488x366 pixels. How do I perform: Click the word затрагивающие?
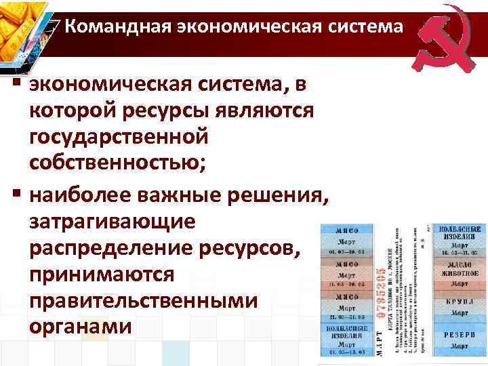(112, 222)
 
